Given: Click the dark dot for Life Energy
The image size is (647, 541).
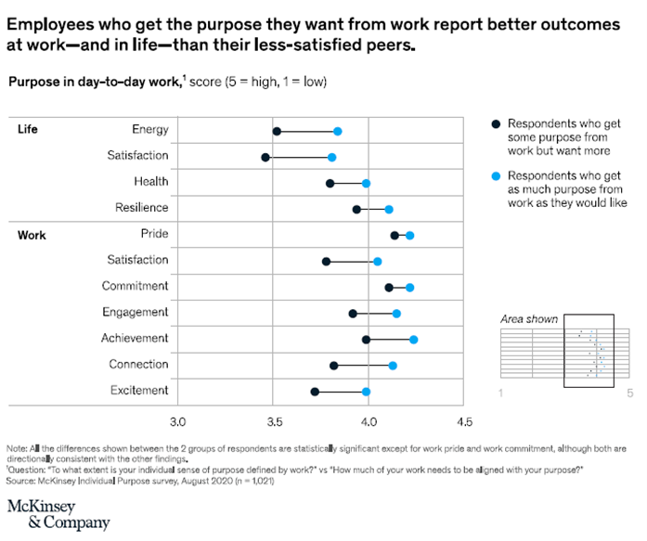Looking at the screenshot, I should coord(277,132).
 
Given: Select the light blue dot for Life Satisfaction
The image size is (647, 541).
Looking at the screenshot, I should coord(331,158).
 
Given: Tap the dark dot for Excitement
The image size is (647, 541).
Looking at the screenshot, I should coord(315,392).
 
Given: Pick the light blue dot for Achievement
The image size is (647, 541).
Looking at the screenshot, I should coord(413,340).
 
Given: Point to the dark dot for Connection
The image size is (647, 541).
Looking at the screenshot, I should coord(334,366).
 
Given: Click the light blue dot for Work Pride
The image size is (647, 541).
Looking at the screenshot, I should coord(409,236).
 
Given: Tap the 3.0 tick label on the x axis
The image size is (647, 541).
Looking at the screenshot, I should coord(177,422).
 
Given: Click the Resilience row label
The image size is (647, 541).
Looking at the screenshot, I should coord(141,208).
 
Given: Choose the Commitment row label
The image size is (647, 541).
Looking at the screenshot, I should coord(136,286).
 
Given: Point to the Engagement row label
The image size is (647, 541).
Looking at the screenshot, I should coord(136,312).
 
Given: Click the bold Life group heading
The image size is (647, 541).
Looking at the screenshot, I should coord(28,130).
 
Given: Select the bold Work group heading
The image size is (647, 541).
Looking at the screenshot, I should coord(31,235).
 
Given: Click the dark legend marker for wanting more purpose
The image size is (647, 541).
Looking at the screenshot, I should coord(496,123).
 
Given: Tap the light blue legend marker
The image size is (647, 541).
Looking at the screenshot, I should coord(496,175).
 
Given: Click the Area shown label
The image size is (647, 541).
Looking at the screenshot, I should coord(529,319).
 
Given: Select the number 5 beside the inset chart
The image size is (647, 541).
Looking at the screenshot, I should coord(629,393).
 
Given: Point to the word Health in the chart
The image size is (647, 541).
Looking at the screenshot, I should coord(150,182).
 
